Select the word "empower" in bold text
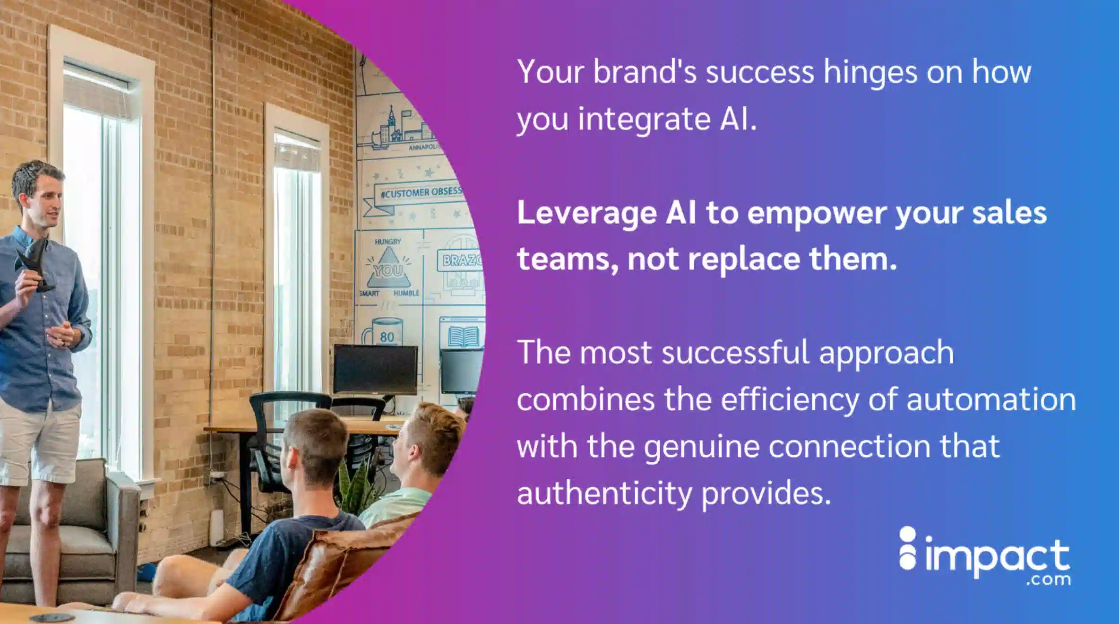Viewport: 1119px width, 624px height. (817, 213)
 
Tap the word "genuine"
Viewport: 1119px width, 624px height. (702, 446)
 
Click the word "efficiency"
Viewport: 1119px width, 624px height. (789, 399)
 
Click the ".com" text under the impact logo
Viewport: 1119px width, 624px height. (1048, 580)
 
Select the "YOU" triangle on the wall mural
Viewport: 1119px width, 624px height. (388, 269)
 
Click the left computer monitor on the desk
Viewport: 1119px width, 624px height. (376, 369)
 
